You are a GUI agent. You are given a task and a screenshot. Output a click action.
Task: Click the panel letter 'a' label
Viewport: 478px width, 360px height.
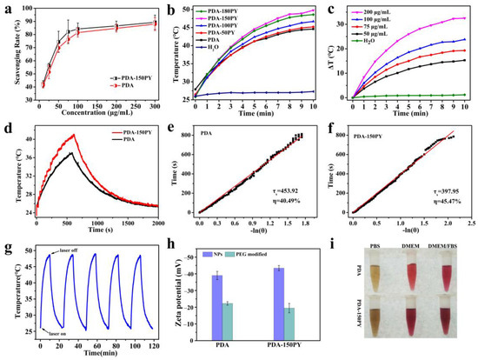[8, 9]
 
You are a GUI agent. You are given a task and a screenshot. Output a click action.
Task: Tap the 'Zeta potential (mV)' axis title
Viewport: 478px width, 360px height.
[172, 290]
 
